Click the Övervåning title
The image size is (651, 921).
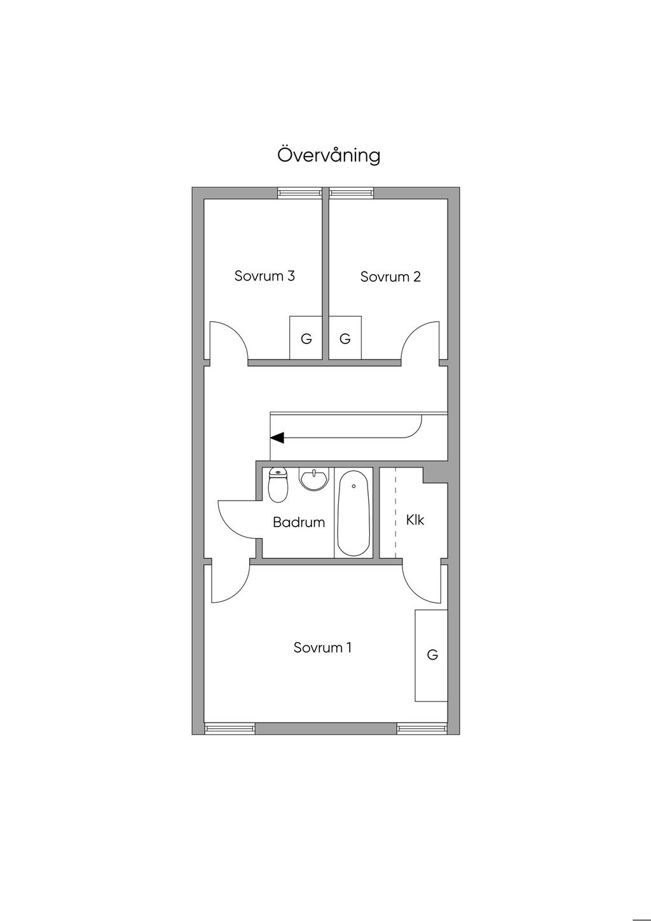(x=329, y=155)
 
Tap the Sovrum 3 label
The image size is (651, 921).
(x=264, y=275)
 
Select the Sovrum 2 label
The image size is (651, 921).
(x=390, y=277)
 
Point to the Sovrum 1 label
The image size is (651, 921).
(x=322, y=647)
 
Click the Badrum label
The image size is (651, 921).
(x=299, y=522)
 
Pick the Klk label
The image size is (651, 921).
(x=415, y=520)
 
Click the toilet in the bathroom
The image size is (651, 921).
(x=278, y=485)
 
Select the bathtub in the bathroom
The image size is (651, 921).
(x=353, y=513)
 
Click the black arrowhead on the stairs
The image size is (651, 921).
(x=277, y=438)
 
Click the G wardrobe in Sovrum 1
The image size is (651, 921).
(x=431, y=655)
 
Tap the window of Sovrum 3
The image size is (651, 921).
(x=299, y=193)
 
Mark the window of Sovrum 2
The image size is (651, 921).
(x=352, y=193)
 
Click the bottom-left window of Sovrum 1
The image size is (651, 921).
(x=230, y=729)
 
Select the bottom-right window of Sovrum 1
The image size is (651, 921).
(x=422, y=729)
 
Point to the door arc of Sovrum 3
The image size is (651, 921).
(x=238, y=333)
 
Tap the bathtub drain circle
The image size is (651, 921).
(x=354, y=485)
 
